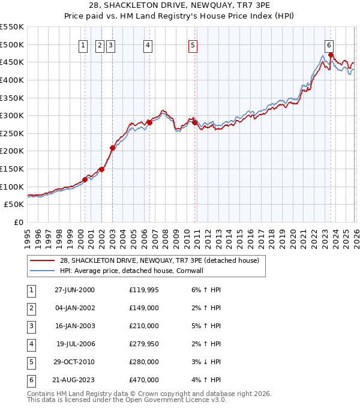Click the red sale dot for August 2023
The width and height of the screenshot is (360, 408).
[x=331, y=55]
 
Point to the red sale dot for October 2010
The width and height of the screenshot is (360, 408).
[x=194, y=122]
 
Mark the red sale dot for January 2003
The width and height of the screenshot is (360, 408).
[x=112, y=148]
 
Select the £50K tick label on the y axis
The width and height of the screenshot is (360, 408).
[x=14, y=205]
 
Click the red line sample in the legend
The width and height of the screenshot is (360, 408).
[x=42, y=261]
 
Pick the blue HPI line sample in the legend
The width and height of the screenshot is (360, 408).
[x=42, y=271]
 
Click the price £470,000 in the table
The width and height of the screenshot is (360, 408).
[x=144, y=380]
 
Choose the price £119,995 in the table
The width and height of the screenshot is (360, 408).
[x=144, y=290]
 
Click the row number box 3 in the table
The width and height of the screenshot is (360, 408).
[x=31, y=326]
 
